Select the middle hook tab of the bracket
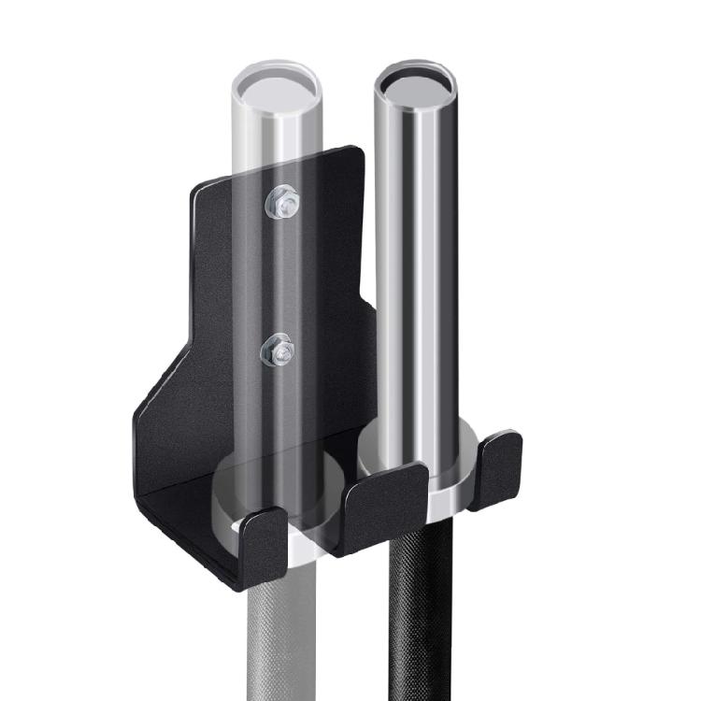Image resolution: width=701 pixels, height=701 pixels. [385, 506]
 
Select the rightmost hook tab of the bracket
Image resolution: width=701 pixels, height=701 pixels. [494, 468]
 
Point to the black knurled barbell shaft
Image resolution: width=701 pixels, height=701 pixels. [424, 608]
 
